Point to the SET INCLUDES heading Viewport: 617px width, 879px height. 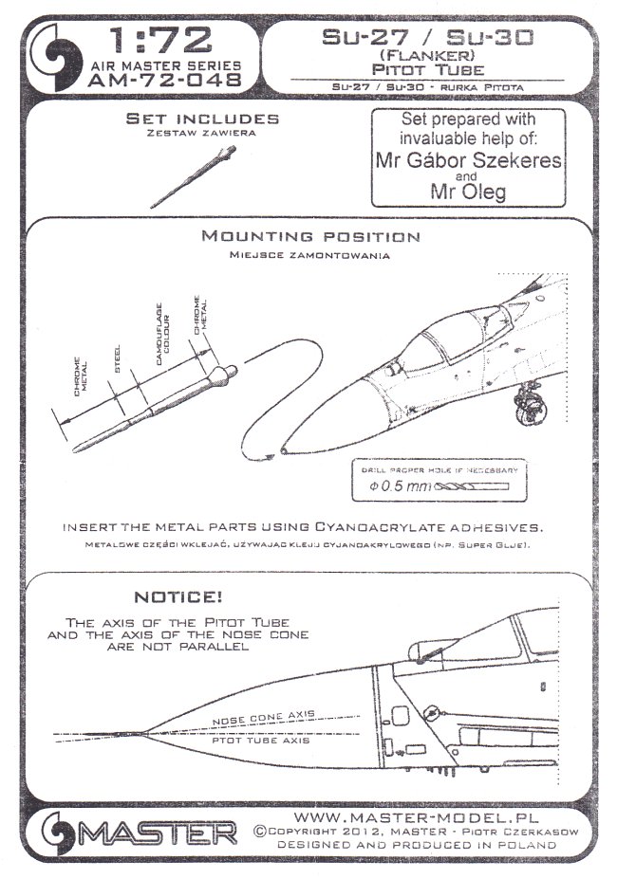(x=203, y=119)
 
